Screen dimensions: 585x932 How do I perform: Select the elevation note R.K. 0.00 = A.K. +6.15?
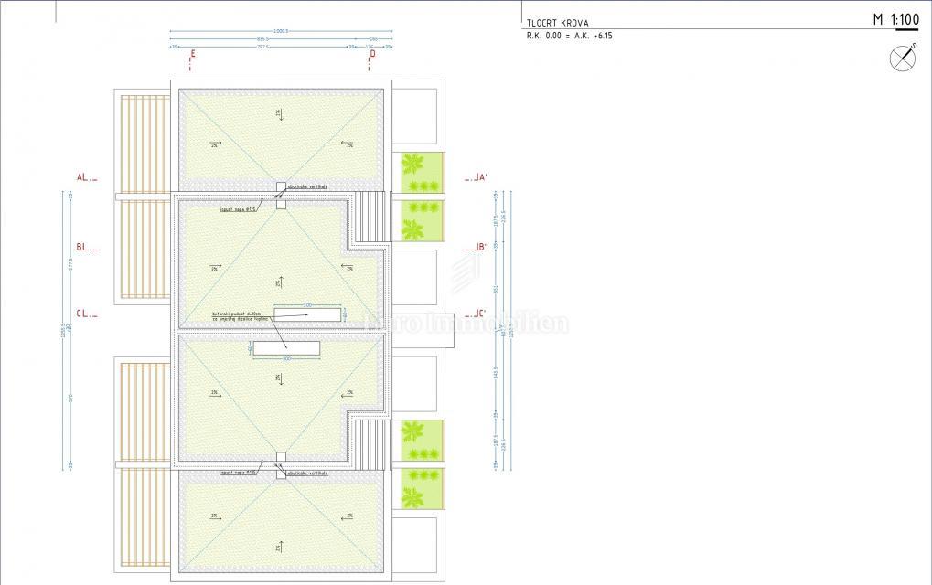click(x=570, y=36)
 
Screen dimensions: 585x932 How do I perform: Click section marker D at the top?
click(x=372, y=55)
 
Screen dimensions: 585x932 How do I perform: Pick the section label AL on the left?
click(x=84, y=177)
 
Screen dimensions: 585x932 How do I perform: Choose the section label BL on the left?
click(x=84, y=247)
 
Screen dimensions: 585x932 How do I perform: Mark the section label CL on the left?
click(x=84, y=313)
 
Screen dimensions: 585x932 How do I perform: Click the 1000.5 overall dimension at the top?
click(x=280, y=30)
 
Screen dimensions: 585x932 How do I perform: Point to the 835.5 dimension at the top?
click(x=262, y=38)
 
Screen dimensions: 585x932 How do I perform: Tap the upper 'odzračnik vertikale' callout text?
click(x=306, y=186)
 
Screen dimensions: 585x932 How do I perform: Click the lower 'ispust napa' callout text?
click(x=237, y=473)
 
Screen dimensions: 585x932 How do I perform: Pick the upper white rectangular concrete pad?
click(x=307, y=314)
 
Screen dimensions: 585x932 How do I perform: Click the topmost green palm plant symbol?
click(x=413, y=165)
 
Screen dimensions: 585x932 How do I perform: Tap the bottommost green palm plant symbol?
click(x=412, y=497)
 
